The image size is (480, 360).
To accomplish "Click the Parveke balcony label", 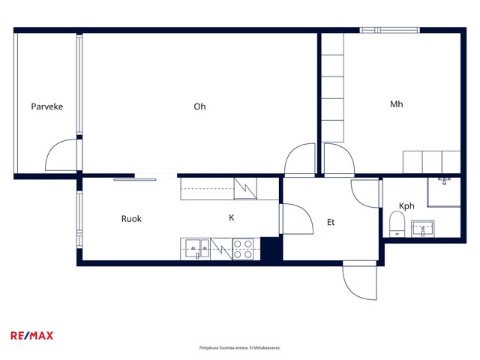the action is (x=46, y=106).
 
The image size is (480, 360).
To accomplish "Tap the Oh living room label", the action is (x=199, y=106).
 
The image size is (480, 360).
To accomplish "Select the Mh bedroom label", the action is (x=397, y=104).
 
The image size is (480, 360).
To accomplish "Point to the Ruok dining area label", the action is (x=131, y=219).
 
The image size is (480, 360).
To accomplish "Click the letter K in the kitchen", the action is (x=232, y=217).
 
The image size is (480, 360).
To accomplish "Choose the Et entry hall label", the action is (x=331, y=222).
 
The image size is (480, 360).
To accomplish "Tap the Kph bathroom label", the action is (x=406, y=206).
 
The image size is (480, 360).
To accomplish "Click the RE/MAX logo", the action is (x=32, y=336).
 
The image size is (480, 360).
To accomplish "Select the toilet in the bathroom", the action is (x=397, y=224).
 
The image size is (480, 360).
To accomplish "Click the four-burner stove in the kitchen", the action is (x=243, y=249).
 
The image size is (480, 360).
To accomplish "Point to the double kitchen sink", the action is (x=195, y=248).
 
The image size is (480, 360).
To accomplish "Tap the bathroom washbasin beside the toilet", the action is (x=423, y=228).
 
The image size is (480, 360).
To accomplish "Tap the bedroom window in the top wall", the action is (x=389, y=30).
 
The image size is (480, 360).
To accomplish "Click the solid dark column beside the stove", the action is (x=271, y=249).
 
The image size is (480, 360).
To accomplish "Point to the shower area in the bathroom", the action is (x=444, y=192).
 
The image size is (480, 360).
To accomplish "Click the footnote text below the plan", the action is (x=240, y=348).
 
